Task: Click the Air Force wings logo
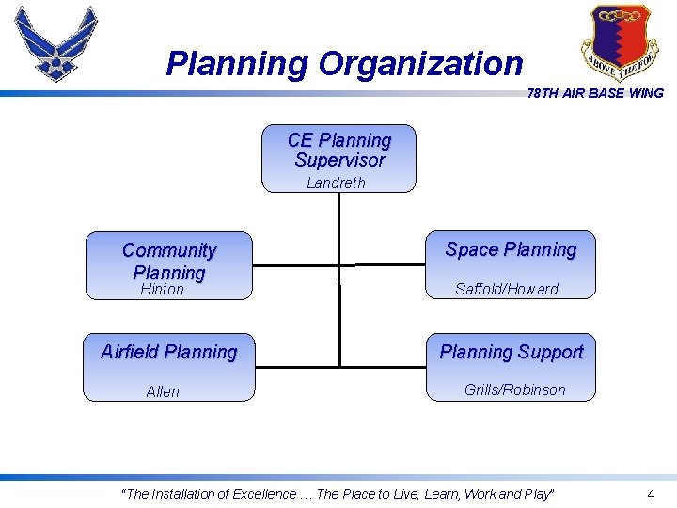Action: tap(56, 44)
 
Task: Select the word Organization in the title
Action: tap(420, 64)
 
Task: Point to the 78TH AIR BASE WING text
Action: tap(595, 93)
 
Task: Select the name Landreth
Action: tap(336, 183)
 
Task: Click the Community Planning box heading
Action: tap(169, 262)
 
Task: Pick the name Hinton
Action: tap(162, 290)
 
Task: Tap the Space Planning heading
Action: tap(511, 249)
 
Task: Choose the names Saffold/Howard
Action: tap(507, 290)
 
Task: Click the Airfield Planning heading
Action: tap(169, 352)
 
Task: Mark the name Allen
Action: tap(163, 391)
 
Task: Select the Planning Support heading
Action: tap(512, 352)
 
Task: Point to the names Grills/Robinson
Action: tap(515, 389)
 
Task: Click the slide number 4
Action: tap(651, 494)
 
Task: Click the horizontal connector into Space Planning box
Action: tap(390, 264)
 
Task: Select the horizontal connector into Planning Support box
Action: tap(384, 366)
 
